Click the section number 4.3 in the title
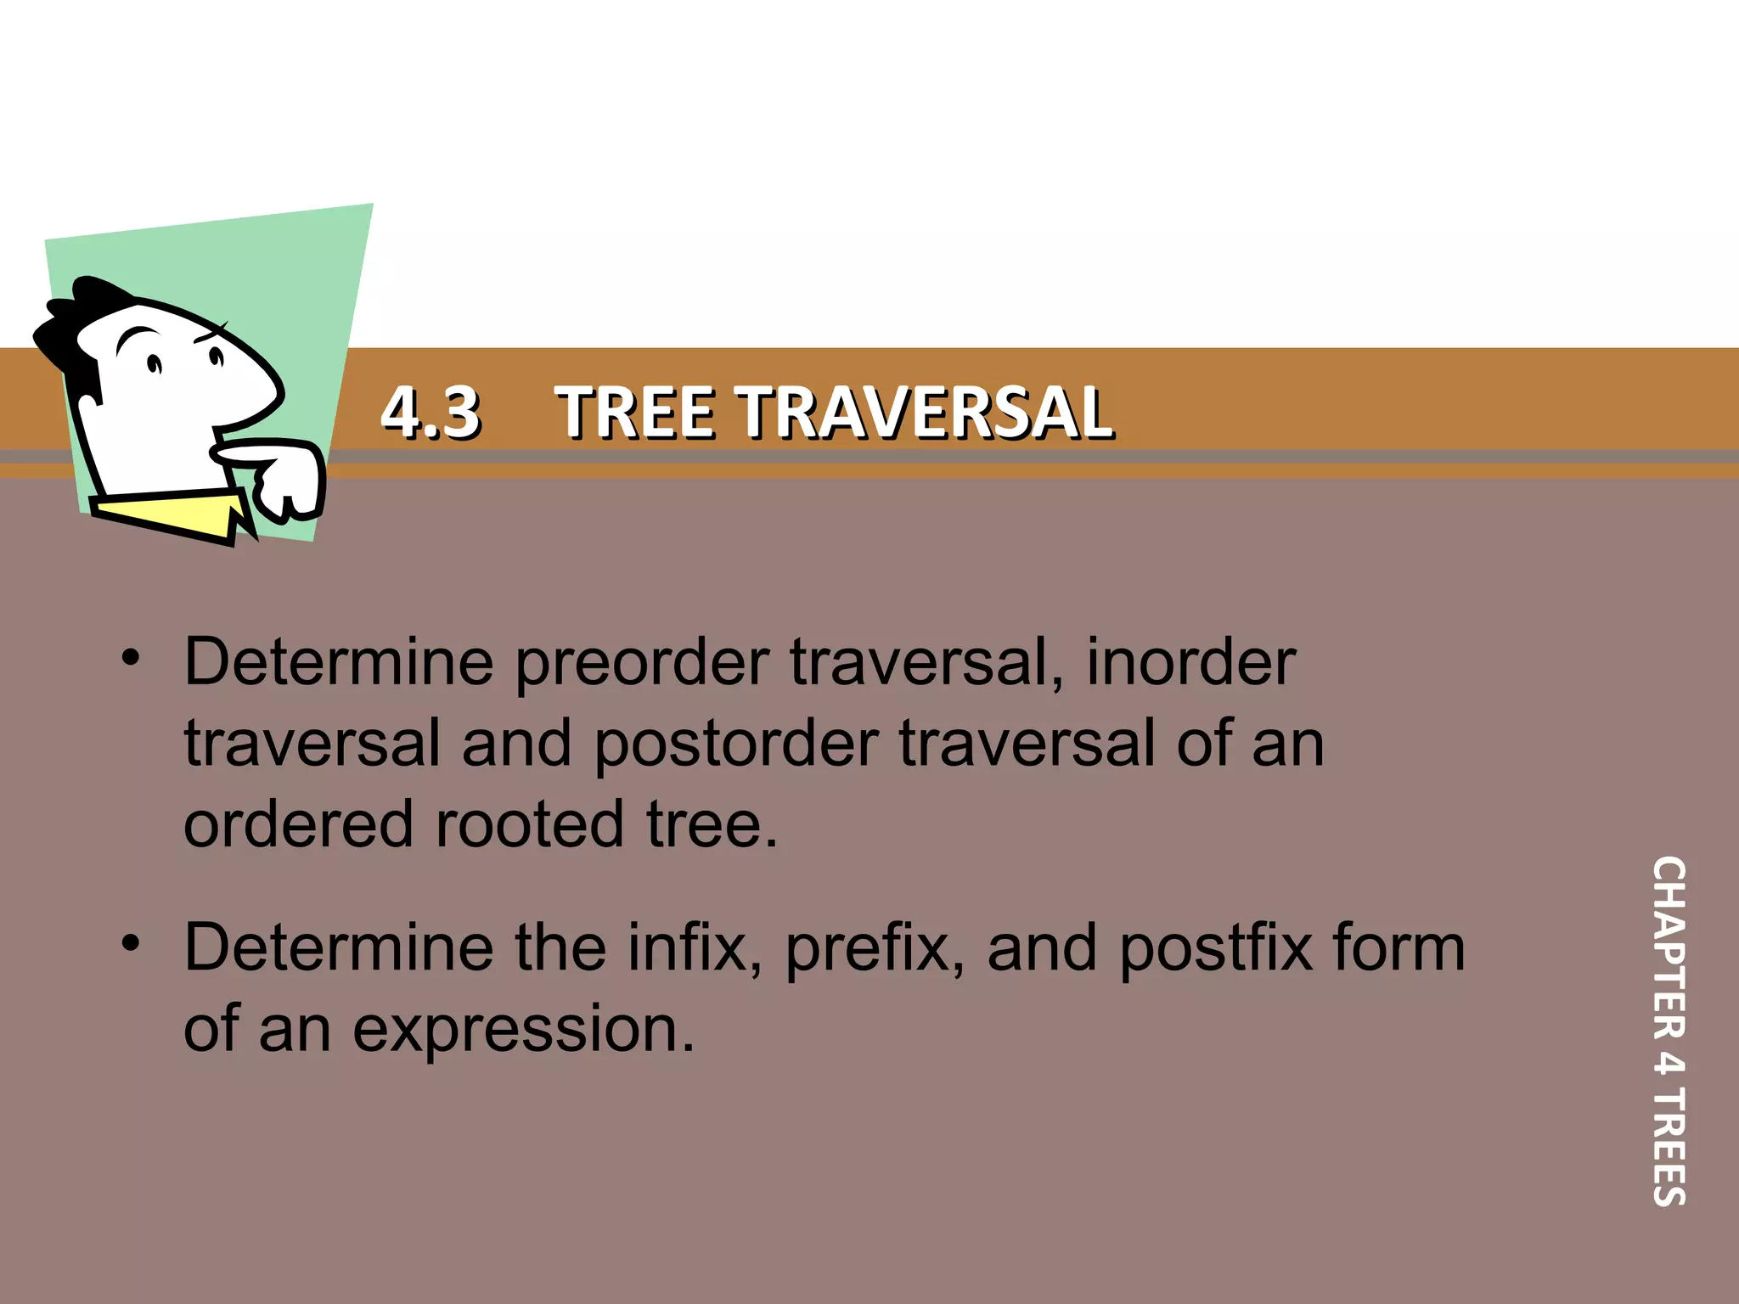(431, 413)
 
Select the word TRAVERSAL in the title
(926, 413)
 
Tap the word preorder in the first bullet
(642, 663)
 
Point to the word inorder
(1190, 663)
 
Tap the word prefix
(874, 948)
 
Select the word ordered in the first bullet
(297, 824)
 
